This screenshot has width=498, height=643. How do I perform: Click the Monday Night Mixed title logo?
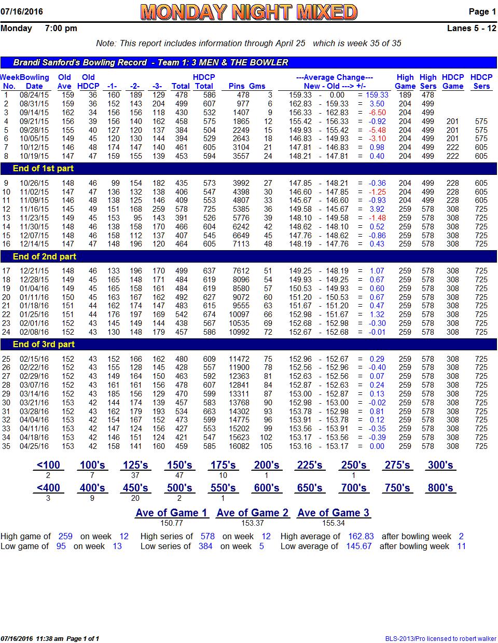pyautogui.click(x=248, y=12)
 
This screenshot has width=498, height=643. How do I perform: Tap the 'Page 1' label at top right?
pyautogui.click(x=482, y=11)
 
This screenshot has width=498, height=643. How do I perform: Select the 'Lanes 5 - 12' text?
pyautogui.click(x=472, y=28)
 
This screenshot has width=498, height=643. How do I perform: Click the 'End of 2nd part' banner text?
pyautogui.click(x=45, y=256)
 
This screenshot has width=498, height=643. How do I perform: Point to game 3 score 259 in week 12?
pyautogui.click(x=159, y=209)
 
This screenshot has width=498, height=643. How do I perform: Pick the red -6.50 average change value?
pyautogui.click(x=377, y=113)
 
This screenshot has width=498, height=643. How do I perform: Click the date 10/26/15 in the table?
pyautogui.click(x=34, y=183)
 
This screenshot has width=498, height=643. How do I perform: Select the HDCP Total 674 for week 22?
pyautogui.click(x=209, y=314)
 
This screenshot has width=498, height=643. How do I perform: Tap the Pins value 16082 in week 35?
pyautogui.click(x=239, y=446)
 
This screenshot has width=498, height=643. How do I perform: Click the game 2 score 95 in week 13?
pyautogui.click(x=138, y=218)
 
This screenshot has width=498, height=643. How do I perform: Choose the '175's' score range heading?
pyautogui.click(x=223, y=465)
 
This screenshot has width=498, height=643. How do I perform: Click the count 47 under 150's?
pyautogui.click(x=179, y=475)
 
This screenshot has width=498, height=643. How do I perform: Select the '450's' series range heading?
pyautogui.click(x=135, y=488)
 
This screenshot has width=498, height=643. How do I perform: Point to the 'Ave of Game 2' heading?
pyautogui.click(x=253, y=513)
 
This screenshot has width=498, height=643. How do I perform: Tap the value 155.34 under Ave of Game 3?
pyautogui.click(x=333, y=523)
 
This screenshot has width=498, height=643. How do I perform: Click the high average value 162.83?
pyautogui.click(x=361, y=536)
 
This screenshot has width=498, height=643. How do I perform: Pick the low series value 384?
pyautogui.click(x=205, y=546)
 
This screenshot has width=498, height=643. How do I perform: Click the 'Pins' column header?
pyautogui.click(x=237, y=86)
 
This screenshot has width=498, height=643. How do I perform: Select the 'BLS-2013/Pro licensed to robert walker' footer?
pyautogui.click(x=440, y=638)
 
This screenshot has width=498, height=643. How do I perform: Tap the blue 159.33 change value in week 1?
pyautogui.click(x=377, y=95)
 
